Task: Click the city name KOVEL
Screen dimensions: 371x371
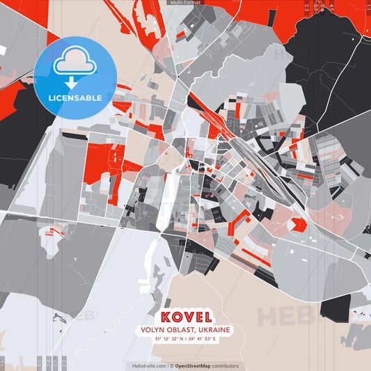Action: tap(184, 316)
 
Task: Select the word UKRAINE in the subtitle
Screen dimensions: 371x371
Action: tap(214, 329)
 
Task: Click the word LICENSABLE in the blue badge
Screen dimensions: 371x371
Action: tap(74, 97)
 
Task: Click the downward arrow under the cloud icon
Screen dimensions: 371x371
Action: tap(72, 82)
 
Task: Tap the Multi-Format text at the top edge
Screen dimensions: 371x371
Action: tap(185, 3)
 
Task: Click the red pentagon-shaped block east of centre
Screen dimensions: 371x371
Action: tap(299, 225)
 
